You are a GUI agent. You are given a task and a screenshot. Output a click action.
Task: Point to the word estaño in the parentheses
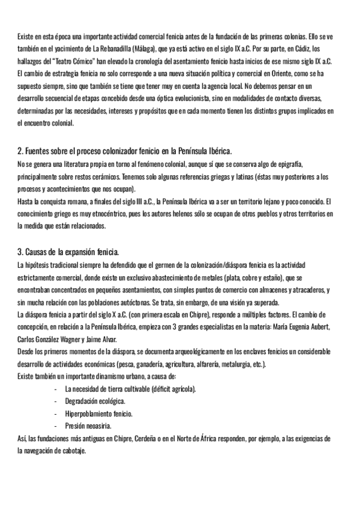[268, 277]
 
